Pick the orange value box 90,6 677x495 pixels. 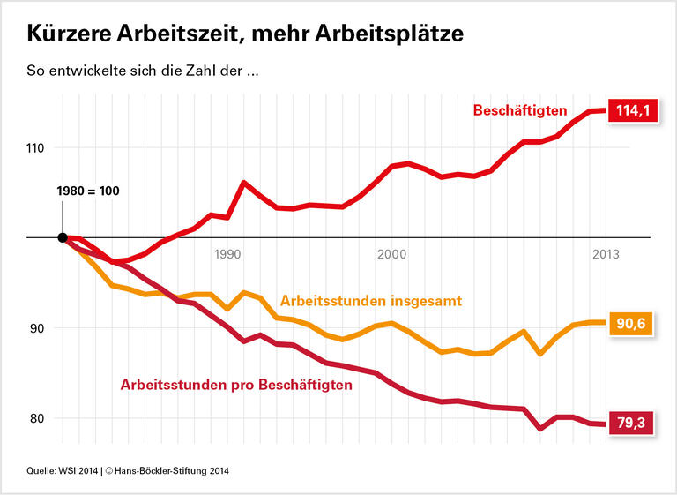pyautogui.click(x=631, y=324)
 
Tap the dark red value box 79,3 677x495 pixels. pyautogui.click(x=631, y=424)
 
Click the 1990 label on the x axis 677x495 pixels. pyautogui.click(x=227, y=254)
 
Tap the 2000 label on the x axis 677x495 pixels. pyautogui.click(x=391, y=254)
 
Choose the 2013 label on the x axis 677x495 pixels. pyautogui.click(x=605, y=254)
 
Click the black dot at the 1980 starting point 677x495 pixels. pyautogui.click(x=63, y=237)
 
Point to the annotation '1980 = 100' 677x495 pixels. pyautogui.click(x=87, y=191)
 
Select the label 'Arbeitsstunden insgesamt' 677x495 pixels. pyautogui.click(x=370, y=301)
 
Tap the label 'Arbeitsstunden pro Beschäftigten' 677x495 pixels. pyautogui.click(x=236, y=385)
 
